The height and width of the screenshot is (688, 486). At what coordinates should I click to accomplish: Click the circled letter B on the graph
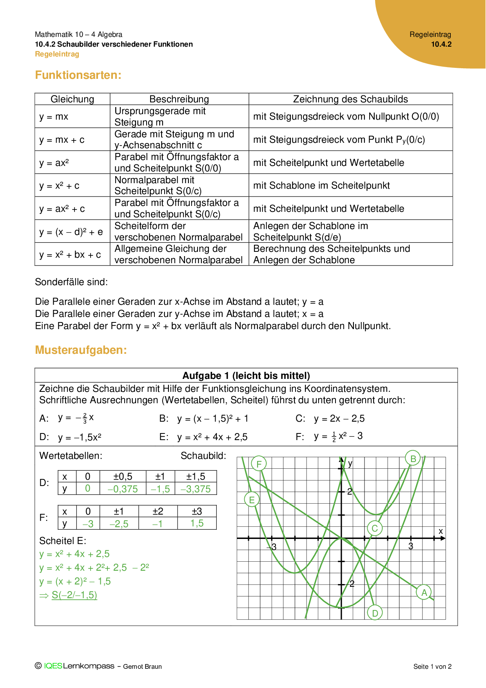point(413,458)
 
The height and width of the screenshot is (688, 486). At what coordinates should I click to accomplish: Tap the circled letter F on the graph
point(259,464)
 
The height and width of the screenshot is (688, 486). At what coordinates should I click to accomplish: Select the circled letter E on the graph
point(252,500)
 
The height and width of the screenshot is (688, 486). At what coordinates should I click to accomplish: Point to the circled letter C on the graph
point(375,528)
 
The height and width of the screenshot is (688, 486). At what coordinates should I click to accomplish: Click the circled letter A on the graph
point(424,592)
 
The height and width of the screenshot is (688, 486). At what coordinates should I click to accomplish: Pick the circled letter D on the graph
point(375,613)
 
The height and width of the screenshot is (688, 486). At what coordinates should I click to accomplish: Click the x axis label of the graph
point(441,531)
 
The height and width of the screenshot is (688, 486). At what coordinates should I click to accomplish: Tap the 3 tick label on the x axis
point(411,546)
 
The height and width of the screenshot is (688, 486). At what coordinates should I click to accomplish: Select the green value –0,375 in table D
point(123,489)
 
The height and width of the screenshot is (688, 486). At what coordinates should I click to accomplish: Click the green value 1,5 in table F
point(197,523)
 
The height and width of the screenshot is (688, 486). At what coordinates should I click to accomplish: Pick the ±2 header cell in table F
point(158,511)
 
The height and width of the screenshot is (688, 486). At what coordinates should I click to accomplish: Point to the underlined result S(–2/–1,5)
point(74,595)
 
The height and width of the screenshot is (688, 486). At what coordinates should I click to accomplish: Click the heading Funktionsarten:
point(78,75)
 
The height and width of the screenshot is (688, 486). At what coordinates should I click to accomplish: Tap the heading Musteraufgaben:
point(81,350)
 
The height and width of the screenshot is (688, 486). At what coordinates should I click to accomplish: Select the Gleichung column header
point(72,99)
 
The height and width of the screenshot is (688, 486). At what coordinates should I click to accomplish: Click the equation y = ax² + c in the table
point(62,209)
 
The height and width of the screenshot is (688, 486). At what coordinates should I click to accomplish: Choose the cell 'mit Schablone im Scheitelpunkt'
point(321,186)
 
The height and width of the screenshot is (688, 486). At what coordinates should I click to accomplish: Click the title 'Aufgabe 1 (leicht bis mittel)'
point(246,375)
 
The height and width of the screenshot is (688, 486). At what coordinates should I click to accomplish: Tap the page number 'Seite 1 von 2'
point(432,666)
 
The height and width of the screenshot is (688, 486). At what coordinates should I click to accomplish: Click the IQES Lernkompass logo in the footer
point(78,666)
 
